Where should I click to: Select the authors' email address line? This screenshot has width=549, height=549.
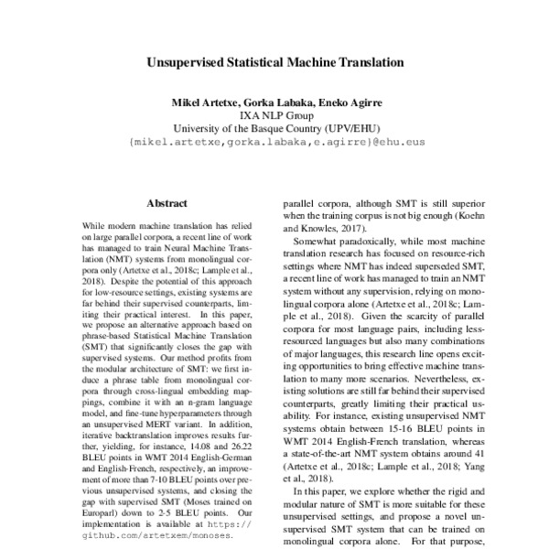click(x=274, y=143)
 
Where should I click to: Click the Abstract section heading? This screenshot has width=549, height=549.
click(x=167, y=203)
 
